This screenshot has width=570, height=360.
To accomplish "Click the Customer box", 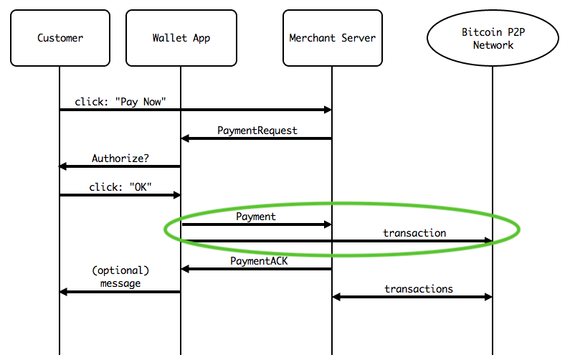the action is pyautogui.click(x=60, y=38).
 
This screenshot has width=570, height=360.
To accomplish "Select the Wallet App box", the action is pyautogui.click(x=181, y=38).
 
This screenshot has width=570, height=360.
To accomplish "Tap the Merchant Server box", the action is pyautogui.click(x=333, y=38).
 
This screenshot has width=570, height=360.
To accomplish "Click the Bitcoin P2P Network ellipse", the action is pyautogui.click(x=493, y=38).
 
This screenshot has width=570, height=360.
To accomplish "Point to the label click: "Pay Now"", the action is pyautogui.click(x=120, y=102).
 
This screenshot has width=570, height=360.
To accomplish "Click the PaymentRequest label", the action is pyautogui.click(x=257, y=131).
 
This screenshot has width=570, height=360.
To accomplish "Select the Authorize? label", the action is pyautogui.click(x=120, y=158).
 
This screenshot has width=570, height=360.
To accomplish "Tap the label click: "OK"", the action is pyautogui.click(x=120, y=187).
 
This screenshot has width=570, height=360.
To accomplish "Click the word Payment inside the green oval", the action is pyautogui.click(x=256, y=217).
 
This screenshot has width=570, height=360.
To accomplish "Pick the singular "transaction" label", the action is pyautogui.click(x=414, y=233).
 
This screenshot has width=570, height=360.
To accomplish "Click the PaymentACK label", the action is pyautogui.click(x=259, y=261).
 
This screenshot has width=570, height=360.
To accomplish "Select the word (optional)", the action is pyautogui.click(x=120, y=270).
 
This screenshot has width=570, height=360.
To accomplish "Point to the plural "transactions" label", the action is pyautogui.click(x=419, y=289).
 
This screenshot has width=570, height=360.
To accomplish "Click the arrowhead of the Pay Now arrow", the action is pyautogui.click(x=328, y=110).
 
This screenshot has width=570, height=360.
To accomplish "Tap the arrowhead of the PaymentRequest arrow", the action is pyautogui.click(x=185, y=138).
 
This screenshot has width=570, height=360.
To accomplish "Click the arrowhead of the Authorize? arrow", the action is pyautogui.click(x=63, y=166).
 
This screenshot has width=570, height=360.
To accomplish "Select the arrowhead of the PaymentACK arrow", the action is pyautogui.click(x=185, y=269).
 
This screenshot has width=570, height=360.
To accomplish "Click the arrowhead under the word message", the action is pyautogui.click(x=64, y=292).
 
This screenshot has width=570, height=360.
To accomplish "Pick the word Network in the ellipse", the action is pyautogui.click(x=493, y=45).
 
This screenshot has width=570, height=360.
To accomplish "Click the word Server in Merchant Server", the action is pyautogui.click(x=358, y=38).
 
